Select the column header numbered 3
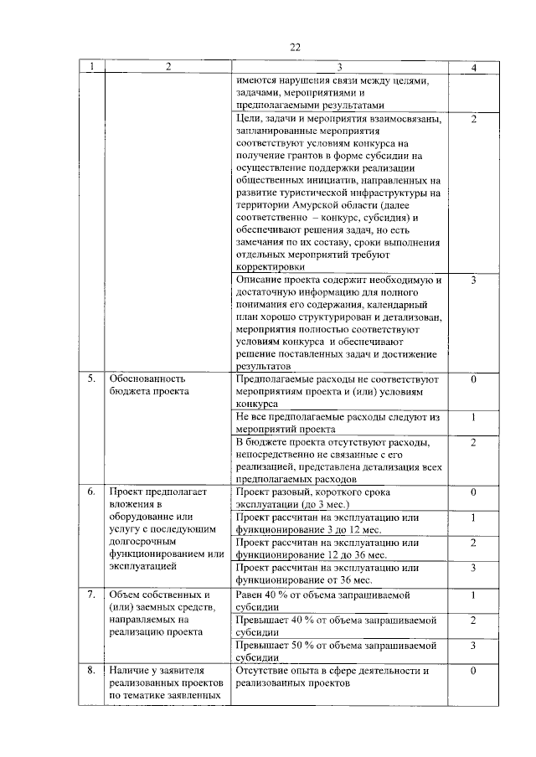(339, 66)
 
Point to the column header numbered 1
(92, 66)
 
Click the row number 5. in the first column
(92, 378)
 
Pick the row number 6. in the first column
(92, 492)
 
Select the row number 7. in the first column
(92, 595)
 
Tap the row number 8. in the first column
(92, 671)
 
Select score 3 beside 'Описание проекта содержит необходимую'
(473, 280)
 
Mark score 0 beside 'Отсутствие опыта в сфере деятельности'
(473, 671)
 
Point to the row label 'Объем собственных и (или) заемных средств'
(159, 613)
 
